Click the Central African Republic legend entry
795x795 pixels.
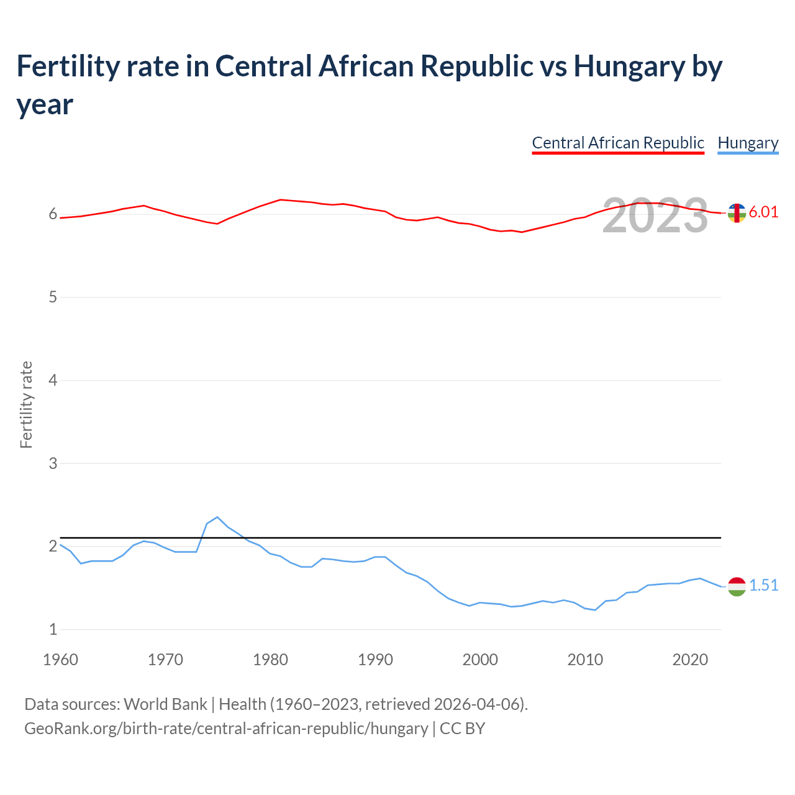[x=618, y=143]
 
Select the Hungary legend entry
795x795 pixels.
[x=748, y=143]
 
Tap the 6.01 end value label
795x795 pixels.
[x=763, y=212]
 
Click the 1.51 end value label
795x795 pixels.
[x=763, y=585]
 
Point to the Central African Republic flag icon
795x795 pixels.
[x=737, y=213]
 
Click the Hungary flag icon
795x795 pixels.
[x=737, y=586]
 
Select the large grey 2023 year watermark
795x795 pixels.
[x=655, y=216]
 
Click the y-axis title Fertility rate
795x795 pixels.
[x=26, y=404]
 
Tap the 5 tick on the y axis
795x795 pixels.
[x=53, y=297]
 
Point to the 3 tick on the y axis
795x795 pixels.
[x=53, y=463]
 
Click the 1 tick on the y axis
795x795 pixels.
[x=53, y=629]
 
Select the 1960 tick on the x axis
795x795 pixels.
[x=60, y=660]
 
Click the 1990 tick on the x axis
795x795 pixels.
[x=375, y=660]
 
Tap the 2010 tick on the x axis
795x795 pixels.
[x=585, y=660]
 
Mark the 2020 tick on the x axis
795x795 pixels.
[x=690, y=660]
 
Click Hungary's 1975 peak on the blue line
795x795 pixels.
[x=217, y=517]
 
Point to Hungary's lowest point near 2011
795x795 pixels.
[x=595, y=610]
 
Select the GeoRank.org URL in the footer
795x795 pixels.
[x=226, y=728]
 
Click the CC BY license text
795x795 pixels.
[x=462, y=728]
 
